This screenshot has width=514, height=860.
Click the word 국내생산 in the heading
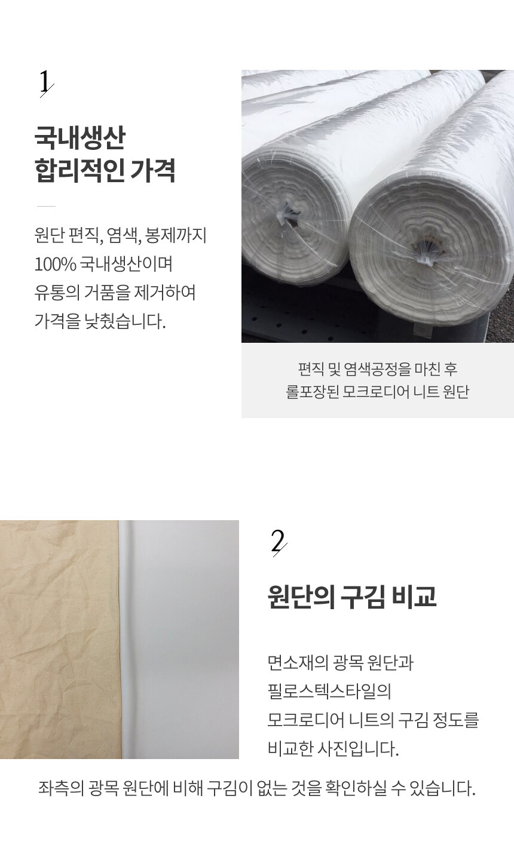pos(80,138)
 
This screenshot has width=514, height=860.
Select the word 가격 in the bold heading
pos(152,170)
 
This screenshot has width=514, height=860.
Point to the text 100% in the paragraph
pos(56,264)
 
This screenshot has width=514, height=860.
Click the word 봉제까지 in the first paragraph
pos(176,235)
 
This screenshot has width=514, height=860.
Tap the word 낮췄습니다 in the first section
pos(125,321)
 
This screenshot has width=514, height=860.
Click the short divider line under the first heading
pos(46,206)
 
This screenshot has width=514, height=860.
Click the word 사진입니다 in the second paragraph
pos(359,749)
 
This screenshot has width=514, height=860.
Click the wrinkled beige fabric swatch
pos(60,639)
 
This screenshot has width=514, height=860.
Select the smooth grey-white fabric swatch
pos(179,639)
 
